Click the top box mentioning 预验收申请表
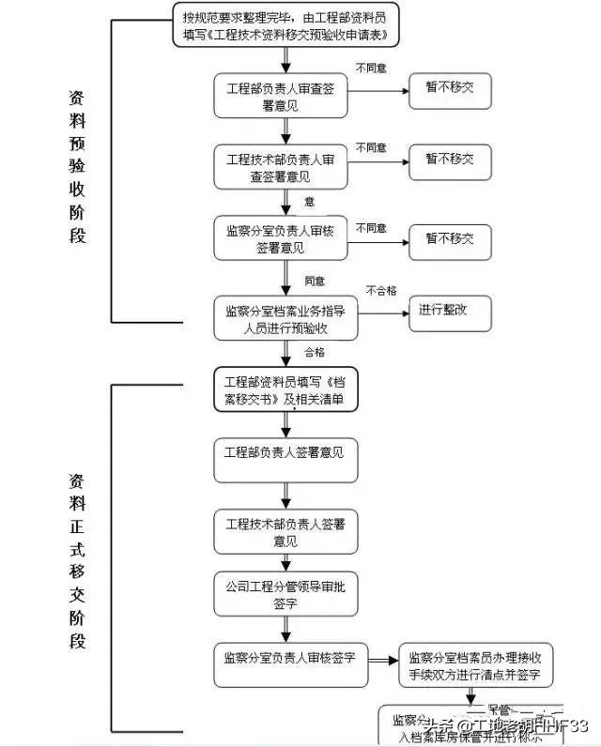pos(285,26)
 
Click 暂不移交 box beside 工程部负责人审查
pos(449,89)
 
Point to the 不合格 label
pos(381,290)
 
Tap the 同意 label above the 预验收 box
pos(314,281)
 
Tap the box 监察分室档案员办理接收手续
pos(474,665)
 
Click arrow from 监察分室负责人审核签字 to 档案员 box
pos(382,659)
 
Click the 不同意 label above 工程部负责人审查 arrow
pos(370,68)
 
